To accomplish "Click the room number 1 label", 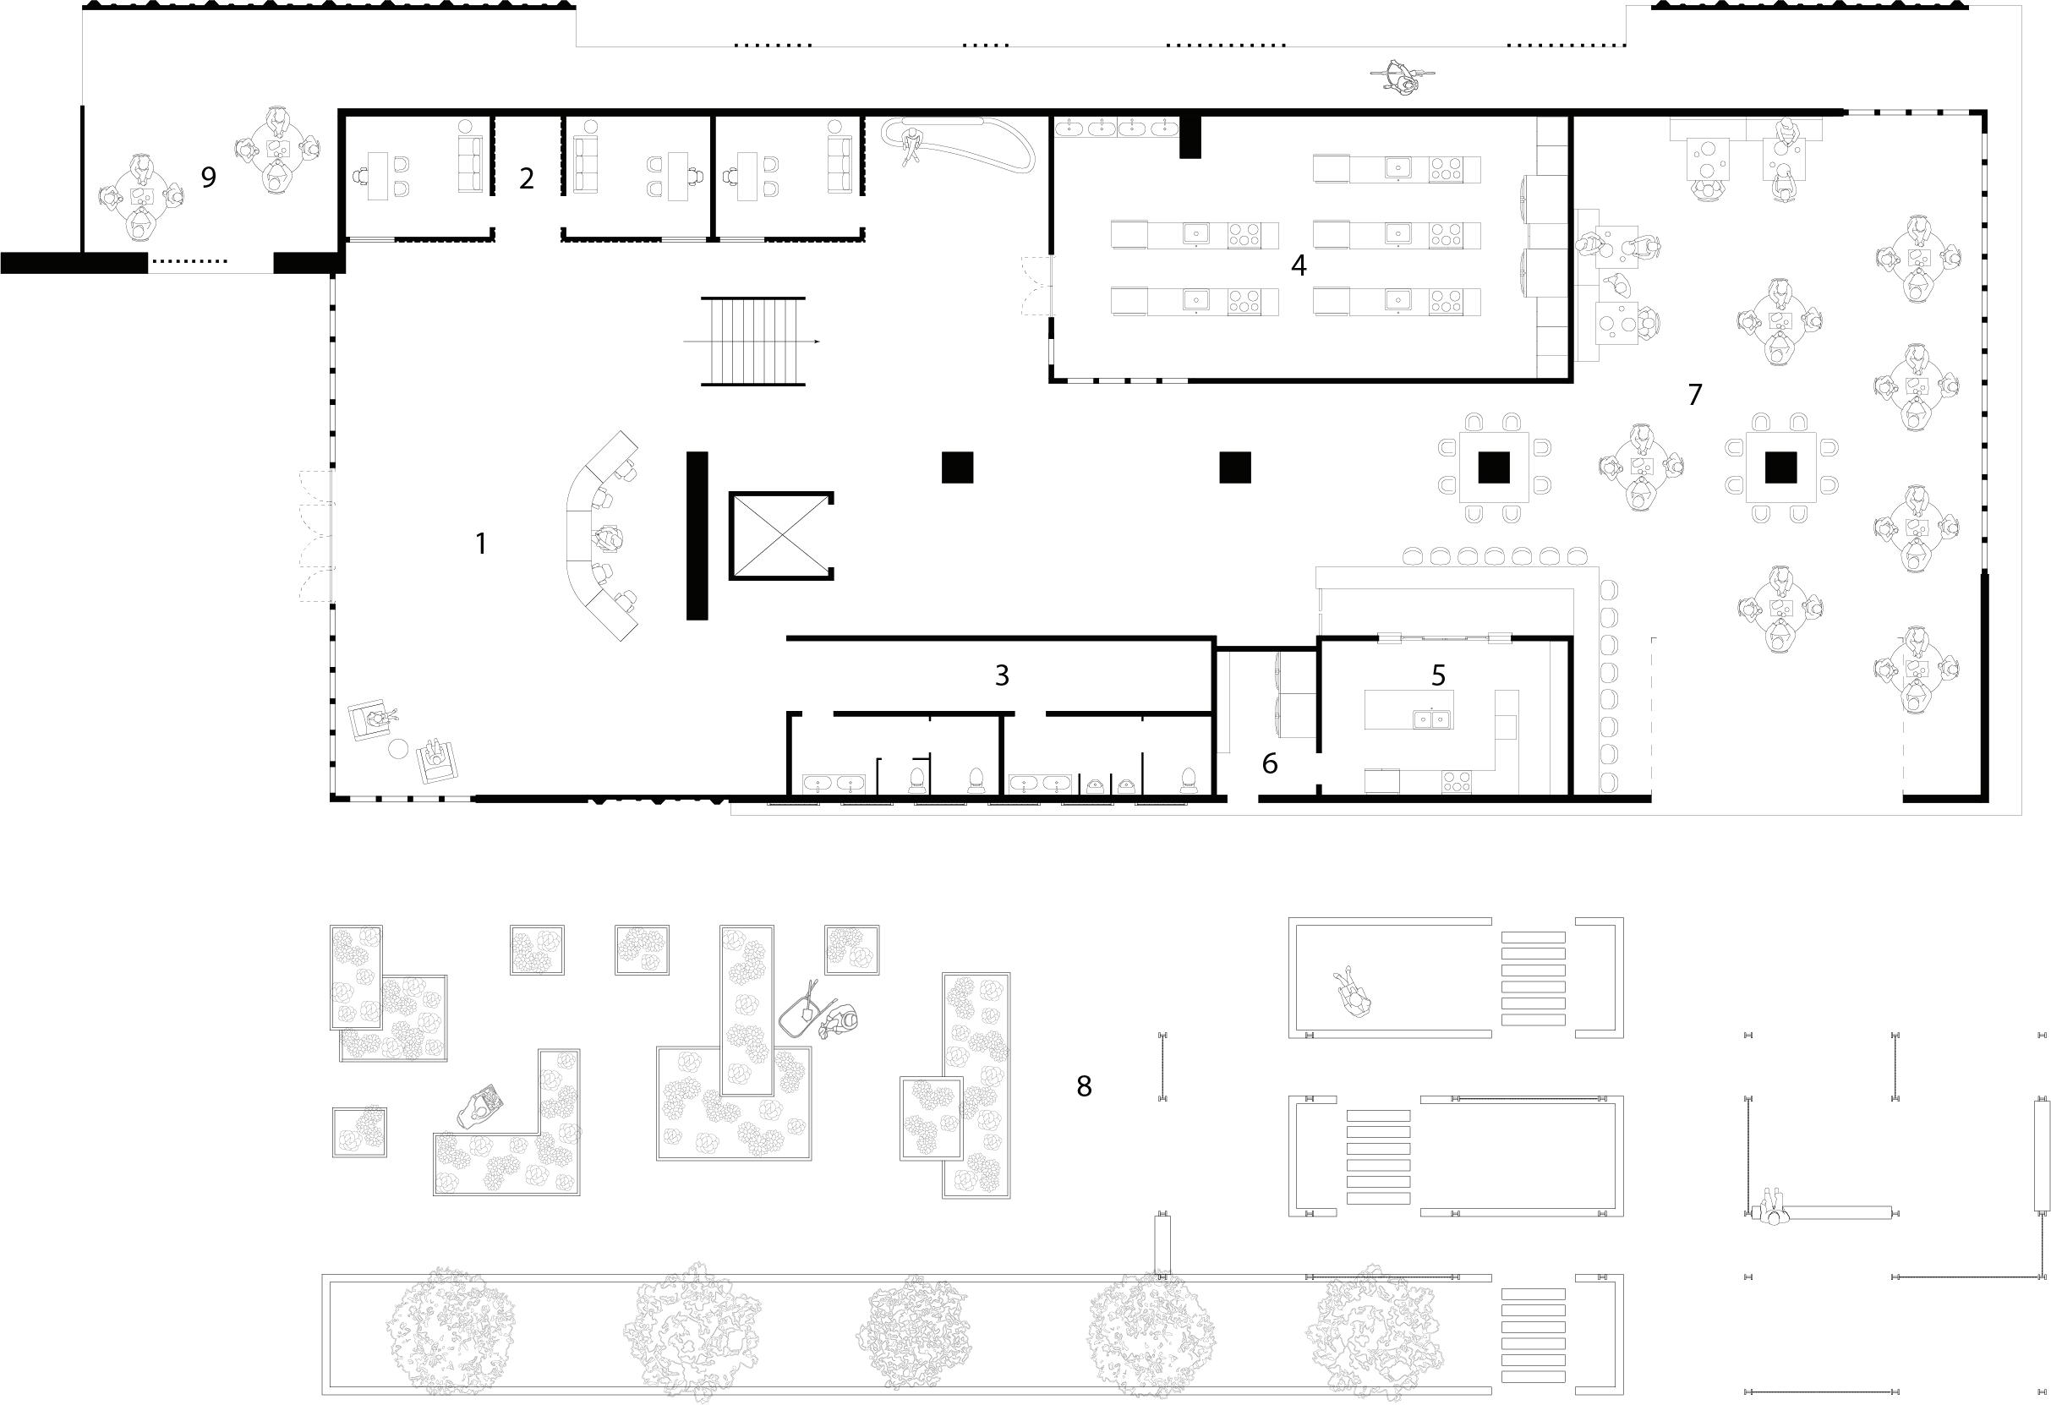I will coord(481,544).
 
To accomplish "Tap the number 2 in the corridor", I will coord(527,178).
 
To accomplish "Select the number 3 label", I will coord(1002,675).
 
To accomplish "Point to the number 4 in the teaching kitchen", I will coord(1299,265).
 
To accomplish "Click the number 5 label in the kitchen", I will coord(1439,675).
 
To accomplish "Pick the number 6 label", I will coord(1270,763).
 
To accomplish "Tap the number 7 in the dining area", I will coord(1694,395).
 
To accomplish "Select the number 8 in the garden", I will coord(1084,1085).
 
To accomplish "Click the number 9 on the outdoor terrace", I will coord(208,178).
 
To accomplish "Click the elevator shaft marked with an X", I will coord(780,536).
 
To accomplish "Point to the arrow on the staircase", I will coord(817,342).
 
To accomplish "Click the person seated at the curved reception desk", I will coord(610,537).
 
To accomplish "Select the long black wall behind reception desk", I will coord(697,536).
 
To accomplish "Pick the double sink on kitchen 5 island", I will coord(1430,719).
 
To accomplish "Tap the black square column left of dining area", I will coord(1234,467).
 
